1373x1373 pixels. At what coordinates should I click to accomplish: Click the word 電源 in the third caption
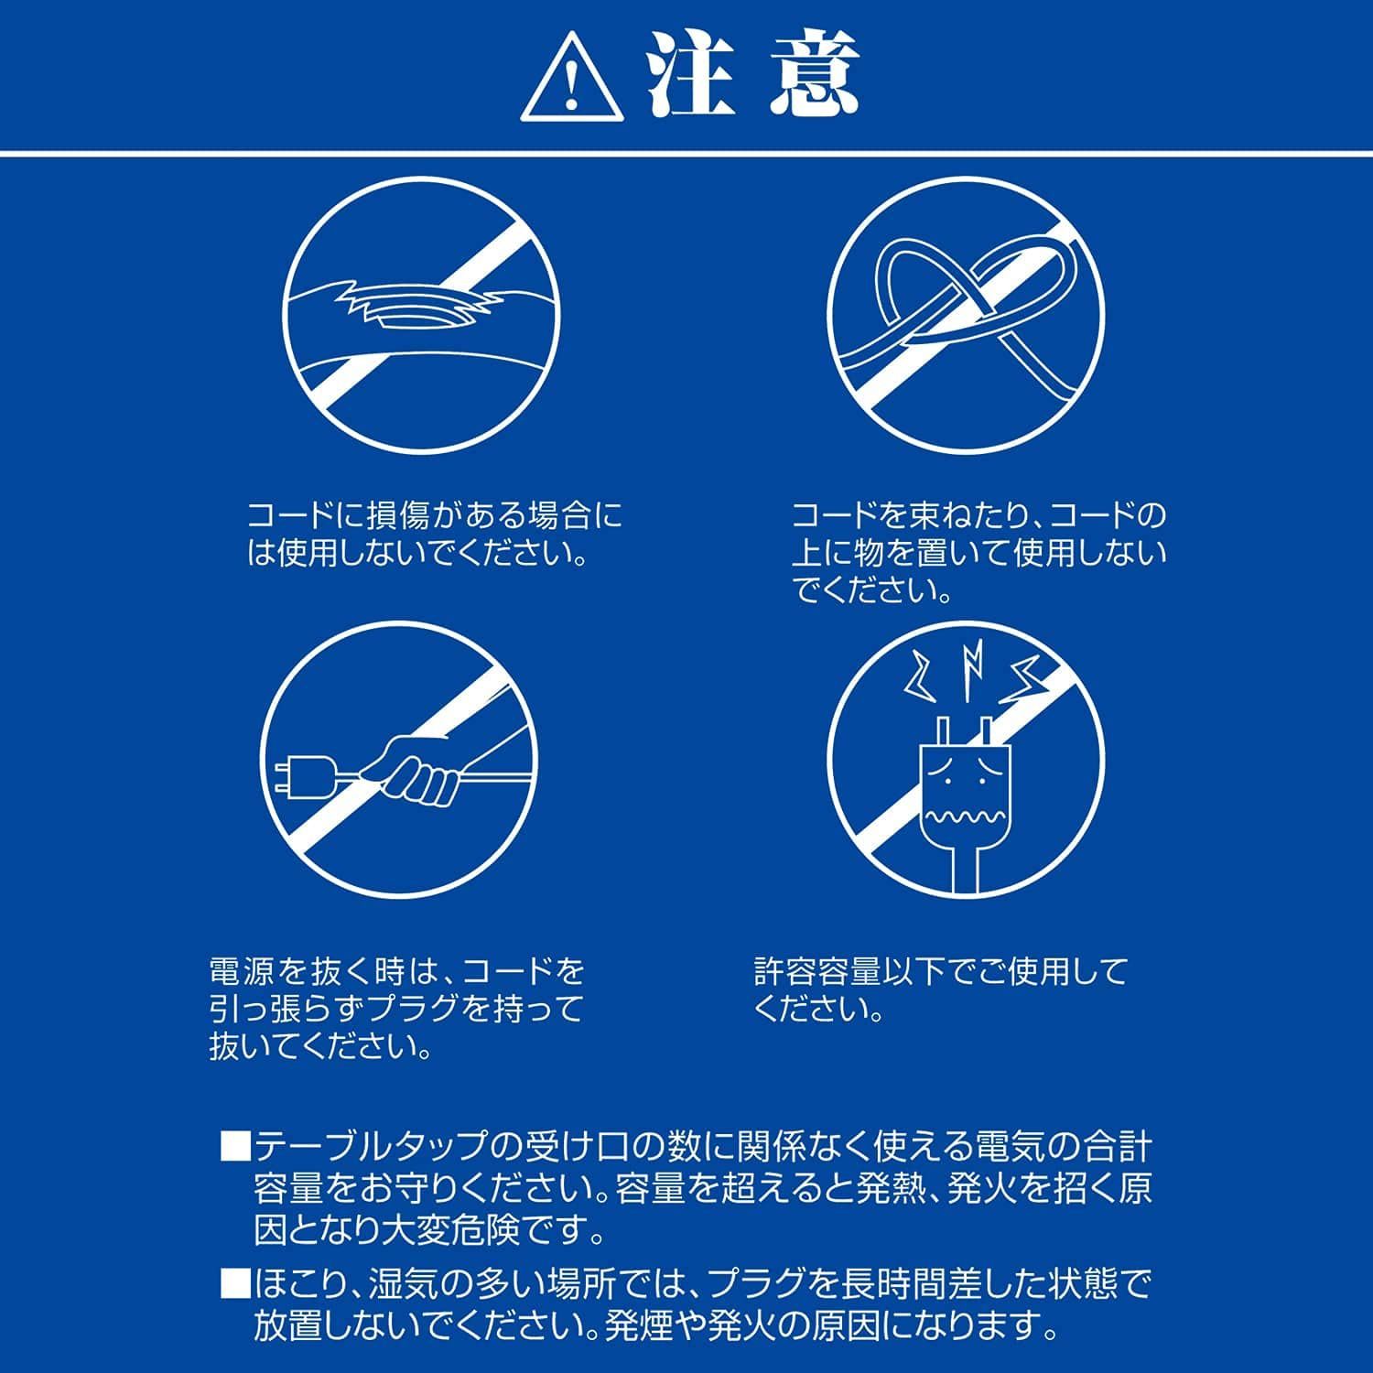point(241,971)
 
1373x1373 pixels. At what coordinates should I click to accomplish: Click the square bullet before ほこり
point(235,1286)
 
